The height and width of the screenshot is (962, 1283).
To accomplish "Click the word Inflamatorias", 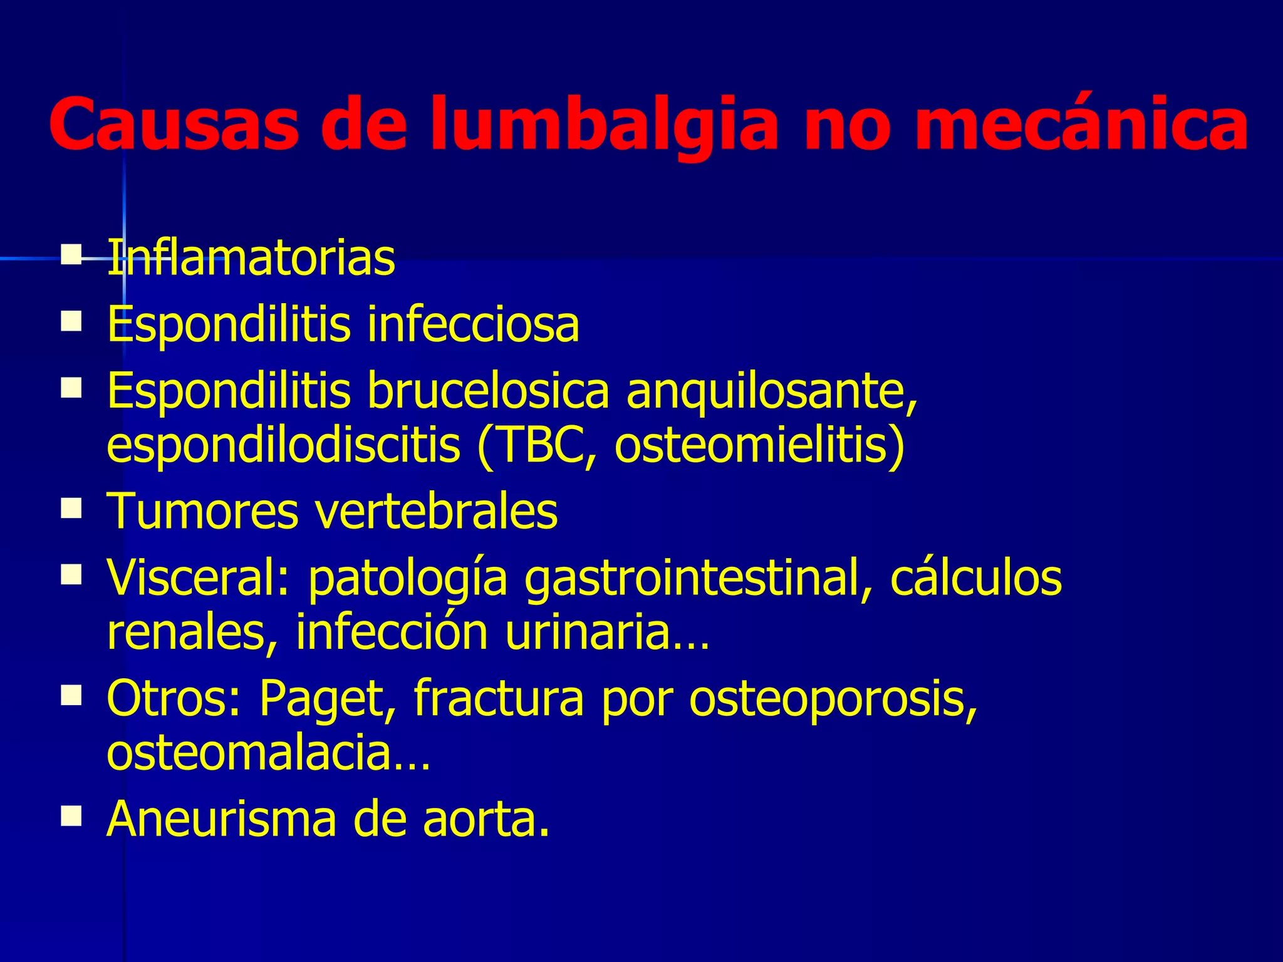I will tap(251, 257).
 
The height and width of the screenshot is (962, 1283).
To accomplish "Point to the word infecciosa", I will tap(473, 324).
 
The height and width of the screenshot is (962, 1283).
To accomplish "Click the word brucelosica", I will tap(488, 390).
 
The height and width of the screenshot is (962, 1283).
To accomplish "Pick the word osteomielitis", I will tap(759, 445).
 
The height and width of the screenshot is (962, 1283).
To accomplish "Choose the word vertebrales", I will tap(436, 511).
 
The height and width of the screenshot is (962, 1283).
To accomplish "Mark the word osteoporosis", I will tap(833, 699).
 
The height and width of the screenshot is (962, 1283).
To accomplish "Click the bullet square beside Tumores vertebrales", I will tap(72, 509).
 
